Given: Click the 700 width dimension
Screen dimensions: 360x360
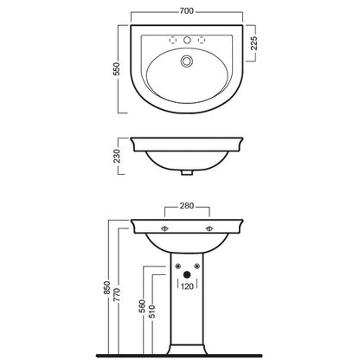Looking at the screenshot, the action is coord(187,11).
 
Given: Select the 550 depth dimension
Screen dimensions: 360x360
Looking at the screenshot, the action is coord(116,69).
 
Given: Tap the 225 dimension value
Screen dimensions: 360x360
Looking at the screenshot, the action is coord(254,43).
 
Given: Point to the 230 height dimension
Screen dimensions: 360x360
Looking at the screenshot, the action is coord(117,156).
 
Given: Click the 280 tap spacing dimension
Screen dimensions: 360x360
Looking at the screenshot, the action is coord(187,206).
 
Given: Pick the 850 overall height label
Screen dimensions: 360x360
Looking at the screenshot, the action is coord(107,287).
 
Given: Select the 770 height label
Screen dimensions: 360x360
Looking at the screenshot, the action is coord(117,295).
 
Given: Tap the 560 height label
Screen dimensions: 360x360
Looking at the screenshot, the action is coord(142,306).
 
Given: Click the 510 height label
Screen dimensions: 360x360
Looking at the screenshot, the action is coord(151,312).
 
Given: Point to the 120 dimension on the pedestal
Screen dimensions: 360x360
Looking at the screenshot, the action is coord(187,286).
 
